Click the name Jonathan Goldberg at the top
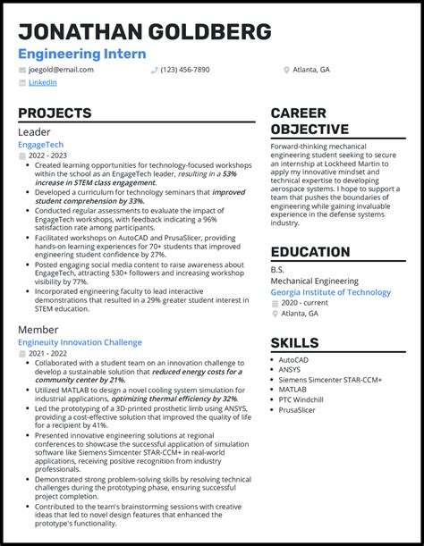(145, 32)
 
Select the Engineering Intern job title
(82, 54)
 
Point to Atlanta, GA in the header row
(312, 69)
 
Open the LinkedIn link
(42, 82)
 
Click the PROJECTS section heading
(55, 113)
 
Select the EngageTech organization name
(41, 144)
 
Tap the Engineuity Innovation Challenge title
(80, 342)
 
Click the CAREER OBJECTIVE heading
(310, 122)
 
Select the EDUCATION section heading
(310, 252)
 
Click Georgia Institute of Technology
(330, 292)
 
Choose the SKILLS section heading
(294, 342)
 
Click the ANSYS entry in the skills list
(291, 370)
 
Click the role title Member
(38, 330)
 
